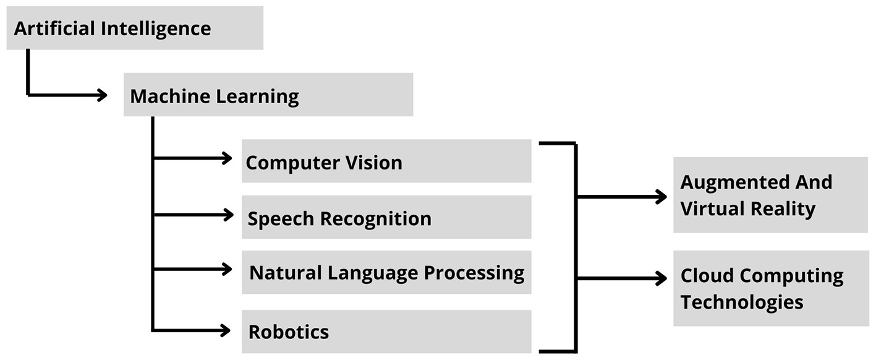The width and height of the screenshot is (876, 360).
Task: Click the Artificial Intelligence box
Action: point(135,28)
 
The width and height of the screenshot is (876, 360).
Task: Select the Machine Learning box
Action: point(268,95)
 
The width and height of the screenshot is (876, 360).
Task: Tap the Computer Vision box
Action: point(386,161)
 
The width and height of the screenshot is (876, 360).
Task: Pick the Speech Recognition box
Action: point(386,218)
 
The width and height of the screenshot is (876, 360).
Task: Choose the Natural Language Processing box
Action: point(386,272)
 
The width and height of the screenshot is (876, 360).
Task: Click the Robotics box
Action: point(386,332)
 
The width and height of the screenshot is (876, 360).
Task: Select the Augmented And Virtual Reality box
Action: point(770,195)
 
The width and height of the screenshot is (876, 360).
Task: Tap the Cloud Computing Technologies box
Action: point(770,288)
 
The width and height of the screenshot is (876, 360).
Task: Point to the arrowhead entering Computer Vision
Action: point(227,158)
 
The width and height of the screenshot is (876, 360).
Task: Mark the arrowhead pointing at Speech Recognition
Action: point(227,215)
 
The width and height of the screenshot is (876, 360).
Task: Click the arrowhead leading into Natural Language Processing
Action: point(227,269)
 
